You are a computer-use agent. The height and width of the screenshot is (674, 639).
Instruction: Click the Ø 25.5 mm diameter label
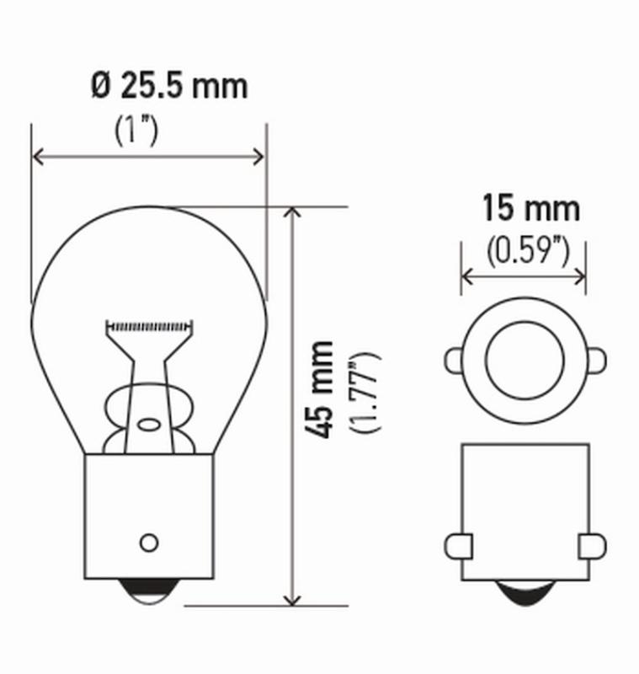[x=169, y=85]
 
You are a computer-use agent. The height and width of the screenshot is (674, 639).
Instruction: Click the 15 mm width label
[x=530, y=207]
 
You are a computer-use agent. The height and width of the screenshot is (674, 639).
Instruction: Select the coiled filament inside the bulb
[x=151, y=325]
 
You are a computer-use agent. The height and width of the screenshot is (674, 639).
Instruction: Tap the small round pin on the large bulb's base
[x=149, y=541]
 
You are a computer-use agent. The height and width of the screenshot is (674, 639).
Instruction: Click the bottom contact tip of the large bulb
[x=149, y=593]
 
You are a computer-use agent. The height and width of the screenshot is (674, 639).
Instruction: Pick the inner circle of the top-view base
[x=523, y=360]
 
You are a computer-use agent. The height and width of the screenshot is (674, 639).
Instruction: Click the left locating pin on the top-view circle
[x=452, y=360]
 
